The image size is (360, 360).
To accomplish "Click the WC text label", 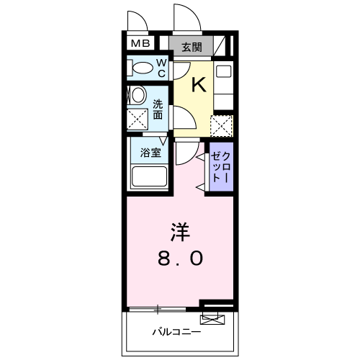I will pyautogui.click(x=161, y=68).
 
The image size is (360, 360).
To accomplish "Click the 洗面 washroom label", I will pyautogui.click(x=158, y=108).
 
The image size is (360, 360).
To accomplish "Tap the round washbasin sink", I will pyautogui.click(x=136, y=96).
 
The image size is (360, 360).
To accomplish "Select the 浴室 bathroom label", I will pyautogui.click(x=149, y=153).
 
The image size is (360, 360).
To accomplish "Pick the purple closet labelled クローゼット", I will pyautogui.click(x=220, y=168).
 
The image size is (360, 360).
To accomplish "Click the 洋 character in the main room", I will pyautogui.click(x=179, y=233).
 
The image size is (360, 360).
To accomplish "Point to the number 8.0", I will pyautogui.click(x=180, y=258).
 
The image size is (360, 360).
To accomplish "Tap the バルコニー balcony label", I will pyautogui.click(x=176, y=333).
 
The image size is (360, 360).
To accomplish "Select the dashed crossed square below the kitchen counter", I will pyautogui.click(x=222, y=125).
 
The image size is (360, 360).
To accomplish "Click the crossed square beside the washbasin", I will pyautogui.click(x=137, y=120).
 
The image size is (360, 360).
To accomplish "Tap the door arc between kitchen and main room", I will pyautogui.click(x=186, y=152).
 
